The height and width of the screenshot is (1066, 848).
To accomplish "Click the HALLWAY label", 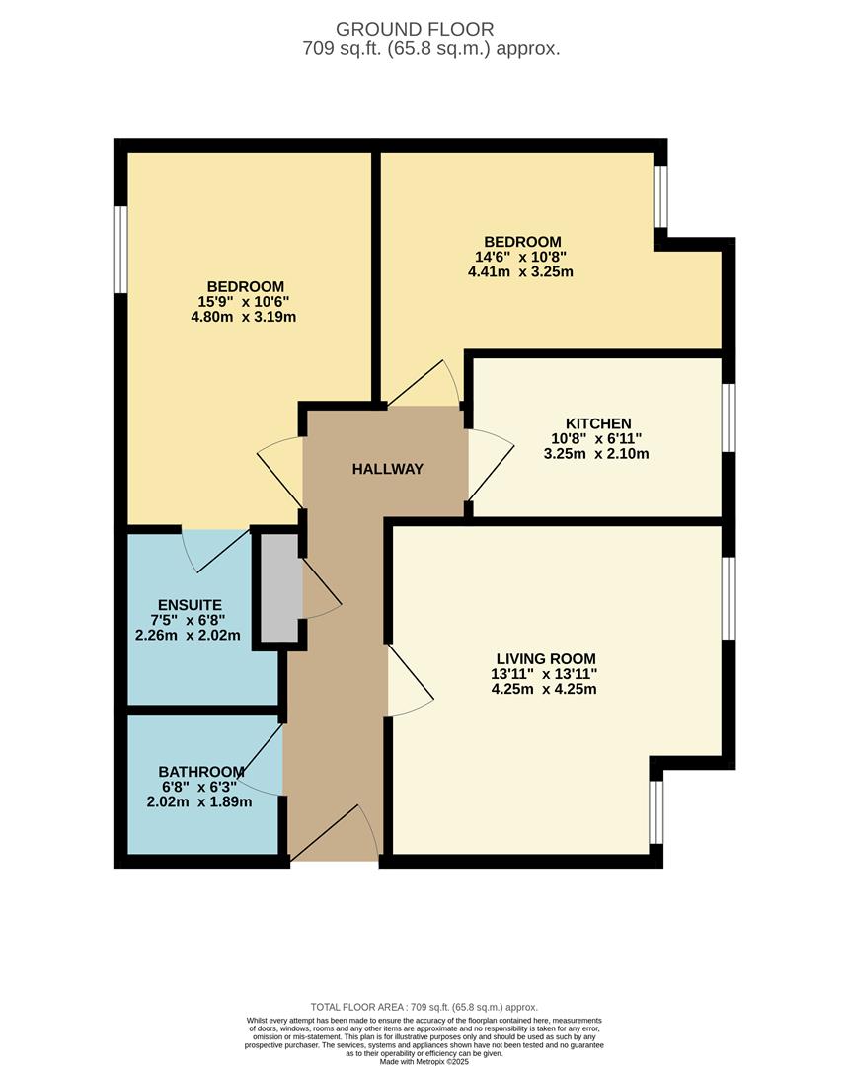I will [387, 469].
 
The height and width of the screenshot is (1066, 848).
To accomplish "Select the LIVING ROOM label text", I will [546, 658].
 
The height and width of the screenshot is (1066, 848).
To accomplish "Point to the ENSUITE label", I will [190, 605].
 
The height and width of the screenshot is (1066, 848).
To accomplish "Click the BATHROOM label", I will [200, 771].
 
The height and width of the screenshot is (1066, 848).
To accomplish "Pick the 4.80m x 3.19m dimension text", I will [246, 317].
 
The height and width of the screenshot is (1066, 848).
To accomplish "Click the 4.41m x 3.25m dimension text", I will [521, 271].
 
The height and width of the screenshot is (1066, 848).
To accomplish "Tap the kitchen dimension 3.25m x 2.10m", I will [596, 454].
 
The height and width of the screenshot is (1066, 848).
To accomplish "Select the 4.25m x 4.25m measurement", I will [544, 689].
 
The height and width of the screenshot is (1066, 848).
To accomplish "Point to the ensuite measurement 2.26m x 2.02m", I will [189, 635].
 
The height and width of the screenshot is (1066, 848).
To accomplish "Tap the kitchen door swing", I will [489, 464].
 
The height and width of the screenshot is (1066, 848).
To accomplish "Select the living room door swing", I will [409, 681].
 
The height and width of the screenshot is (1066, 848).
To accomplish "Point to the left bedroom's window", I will [119, 249].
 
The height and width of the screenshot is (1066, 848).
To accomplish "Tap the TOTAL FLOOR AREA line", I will [424, 1003].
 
